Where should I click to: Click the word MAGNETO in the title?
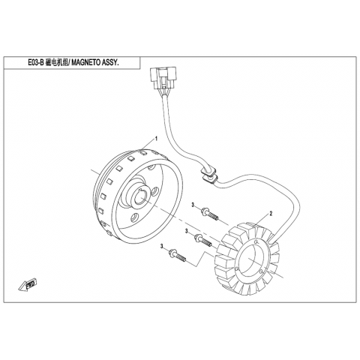click(85, 63)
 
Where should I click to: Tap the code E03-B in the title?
click(36, 63)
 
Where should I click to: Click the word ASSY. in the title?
click(109, 63)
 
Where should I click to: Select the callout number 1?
click(157, 139)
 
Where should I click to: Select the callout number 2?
click(271, 214)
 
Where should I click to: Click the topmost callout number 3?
click(193, 205)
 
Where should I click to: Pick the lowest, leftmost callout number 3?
click(162, 247)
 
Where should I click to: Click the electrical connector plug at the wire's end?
click(163, 78)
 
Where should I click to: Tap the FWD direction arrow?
click(28, 284)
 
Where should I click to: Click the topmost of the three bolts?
click(209, 214)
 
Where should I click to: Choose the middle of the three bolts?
click(203, 240)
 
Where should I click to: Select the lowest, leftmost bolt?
click(177, 255)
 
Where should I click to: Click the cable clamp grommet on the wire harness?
click(208, 175)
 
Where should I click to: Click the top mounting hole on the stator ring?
click(256, 242)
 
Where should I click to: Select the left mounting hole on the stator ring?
click(237, 269)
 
